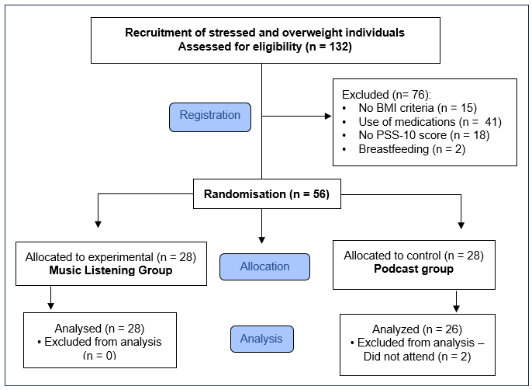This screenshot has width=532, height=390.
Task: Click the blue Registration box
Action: [210, 117]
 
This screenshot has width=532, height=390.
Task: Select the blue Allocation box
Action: [264, 266]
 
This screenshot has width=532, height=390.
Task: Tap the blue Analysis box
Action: [262, 339]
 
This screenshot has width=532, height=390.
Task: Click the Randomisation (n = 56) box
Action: [267, 193]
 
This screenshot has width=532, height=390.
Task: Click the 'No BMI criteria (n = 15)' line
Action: [418, 108]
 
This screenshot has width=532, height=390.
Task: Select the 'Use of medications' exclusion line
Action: [430, 122]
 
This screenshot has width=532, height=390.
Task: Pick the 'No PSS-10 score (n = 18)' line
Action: [423, 135]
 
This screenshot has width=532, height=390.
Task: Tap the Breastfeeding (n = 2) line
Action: [412, 149]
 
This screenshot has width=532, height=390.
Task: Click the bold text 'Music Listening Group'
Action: [111, 270]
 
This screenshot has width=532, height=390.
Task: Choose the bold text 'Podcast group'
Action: [413, 269]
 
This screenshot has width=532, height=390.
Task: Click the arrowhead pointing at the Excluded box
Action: [328, 117]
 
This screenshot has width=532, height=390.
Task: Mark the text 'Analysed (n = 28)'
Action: [99, 329]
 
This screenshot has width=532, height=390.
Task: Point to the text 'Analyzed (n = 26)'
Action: [417, 329]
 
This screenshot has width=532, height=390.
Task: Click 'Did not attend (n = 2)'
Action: [417, 357]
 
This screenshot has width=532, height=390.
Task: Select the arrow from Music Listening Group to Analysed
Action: [51, 298]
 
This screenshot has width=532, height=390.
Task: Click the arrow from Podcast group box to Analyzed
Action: [456, 301]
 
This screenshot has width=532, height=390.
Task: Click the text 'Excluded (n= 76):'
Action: [386, 95]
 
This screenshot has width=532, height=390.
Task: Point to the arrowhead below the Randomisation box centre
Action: [261, 240]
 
